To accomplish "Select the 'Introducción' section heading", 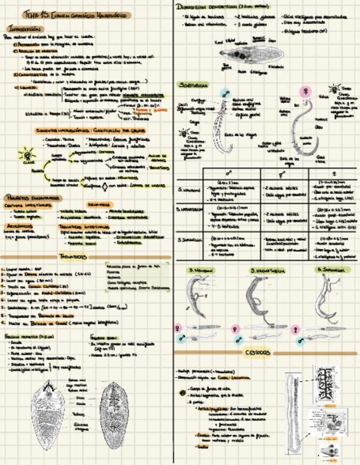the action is pyautogui.click(x=23, y=28).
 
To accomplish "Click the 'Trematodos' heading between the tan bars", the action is pyautogui.click(x=72, y=256).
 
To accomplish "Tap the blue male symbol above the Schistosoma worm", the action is pyautogui.click(x=225, y=94).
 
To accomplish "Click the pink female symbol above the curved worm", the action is pyautogui.click(x=302, y=90).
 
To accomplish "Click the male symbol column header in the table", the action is pyautogui.click(x=226, y=173).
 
